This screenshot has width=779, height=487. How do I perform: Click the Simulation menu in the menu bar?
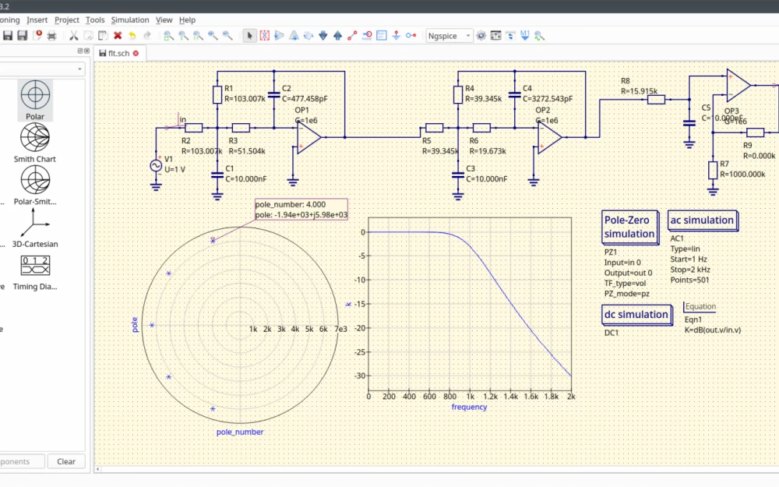130,19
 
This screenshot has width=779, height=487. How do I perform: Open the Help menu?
187,19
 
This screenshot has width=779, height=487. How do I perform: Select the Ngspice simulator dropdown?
449,36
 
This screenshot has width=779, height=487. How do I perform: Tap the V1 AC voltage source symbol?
156,165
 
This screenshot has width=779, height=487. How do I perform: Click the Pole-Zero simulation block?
629,227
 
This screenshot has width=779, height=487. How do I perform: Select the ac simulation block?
702,221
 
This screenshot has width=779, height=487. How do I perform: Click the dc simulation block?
636,315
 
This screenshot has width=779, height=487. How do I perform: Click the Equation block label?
700,307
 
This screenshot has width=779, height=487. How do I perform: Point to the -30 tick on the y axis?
359,376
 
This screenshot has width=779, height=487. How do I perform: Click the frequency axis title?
469,407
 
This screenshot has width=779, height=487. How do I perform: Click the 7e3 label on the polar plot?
340,330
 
